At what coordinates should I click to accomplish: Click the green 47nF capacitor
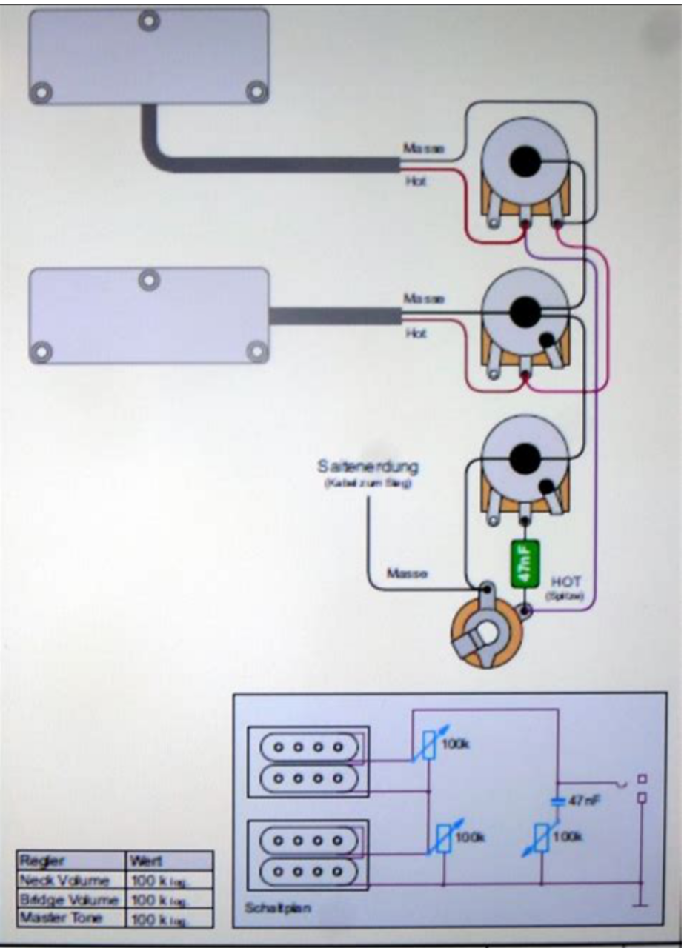(x=525, y=565)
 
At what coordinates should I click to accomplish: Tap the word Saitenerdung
(x=368, y=467)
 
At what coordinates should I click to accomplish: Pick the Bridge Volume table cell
(x=71, y=900)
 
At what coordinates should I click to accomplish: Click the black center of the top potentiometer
(x=525, y=161)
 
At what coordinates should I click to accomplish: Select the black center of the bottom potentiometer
(x=525, y=457)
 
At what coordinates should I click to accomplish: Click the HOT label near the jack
(x=566, y=582)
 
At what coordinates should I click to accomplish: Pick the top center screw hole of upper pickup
(x=150, y=20)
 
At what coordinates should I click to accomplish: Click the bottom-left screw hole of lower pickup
(x=42, y=350)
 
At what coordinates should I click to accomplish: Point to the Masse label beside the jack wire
(x=407, y=574)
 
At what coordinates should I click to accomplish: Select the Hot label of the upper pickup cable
(x=416, y=181)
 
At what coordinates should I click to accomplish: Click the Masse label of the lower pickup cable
(x=424, y=298)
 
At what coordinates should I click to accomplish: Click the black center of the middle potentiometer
(x=525, y=310)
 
